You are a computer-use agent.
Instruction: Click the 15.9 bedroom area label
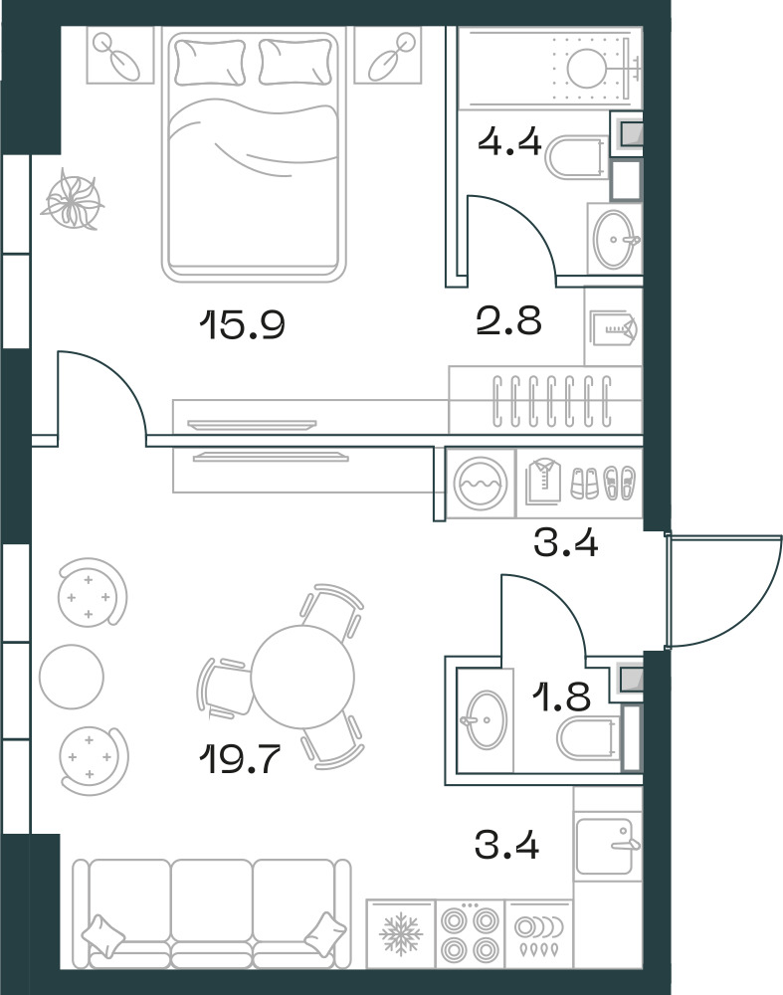(242, 324)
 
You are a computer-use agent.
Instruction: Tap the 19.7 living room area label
(240, 758)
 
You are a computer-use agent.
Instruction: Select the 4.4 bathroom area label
(509, 142)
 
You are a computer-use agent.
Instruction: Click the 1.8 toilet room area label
(562, 696)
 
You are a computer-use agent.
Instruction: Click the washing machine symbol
(481, 484)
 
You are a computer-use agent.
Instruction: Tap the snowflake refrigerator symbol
(401, 934)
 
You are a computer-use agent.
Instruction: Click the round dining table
(302, 677)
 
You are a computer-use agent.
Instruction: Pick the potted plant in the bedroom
(73, 199)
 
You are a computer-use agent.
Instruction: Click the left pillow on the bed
(210, 62)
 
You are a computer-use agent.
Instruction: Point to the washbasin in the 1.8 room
(487, 719)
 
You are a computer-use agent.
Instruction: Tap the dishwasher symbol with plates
(538, 933)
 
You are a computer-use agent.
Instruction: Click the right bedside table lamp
(388, 57)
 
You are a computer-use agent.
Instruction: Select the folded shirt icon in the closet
(544, 483)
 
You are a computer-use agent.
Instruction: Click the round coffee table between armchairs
(71, 677)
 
